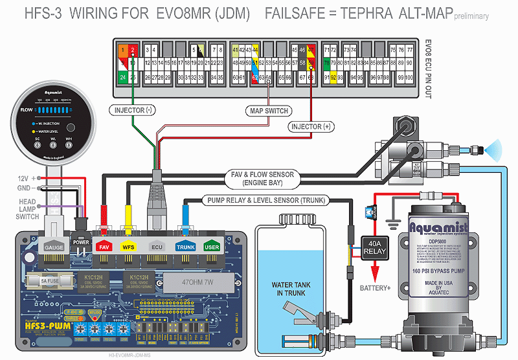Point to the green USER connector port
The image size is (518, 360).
click(212, 247)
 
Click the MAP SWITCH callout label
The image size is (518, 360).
click(269, 111)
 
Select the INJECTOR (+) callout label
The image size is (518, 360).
click(311, 127)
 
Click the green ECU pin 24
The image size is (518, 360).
click(123, 77)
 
